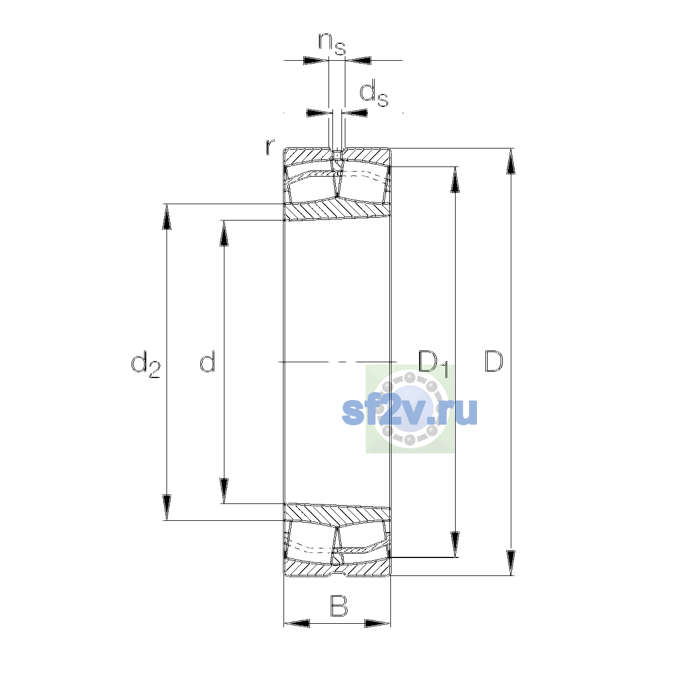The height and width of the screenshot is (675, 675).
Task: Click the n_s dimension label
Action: tap(332, 44)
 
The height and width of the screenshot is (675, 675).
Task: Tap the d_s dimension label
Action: tap(373, 93)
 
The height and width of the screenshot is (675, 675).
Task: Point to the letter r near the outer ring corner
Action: tap(270, 147)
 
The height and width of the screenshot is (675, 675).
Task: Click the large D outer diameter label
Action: tap(494, 361)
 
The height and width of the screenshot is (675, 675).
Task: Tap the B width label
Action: tap(339, 605)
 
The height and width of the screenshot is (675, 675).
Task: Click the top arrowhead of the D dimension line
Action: tap(511, 161)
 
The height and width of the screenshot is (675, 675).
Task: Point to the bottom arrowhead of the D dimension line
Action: tap(511, 563)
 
